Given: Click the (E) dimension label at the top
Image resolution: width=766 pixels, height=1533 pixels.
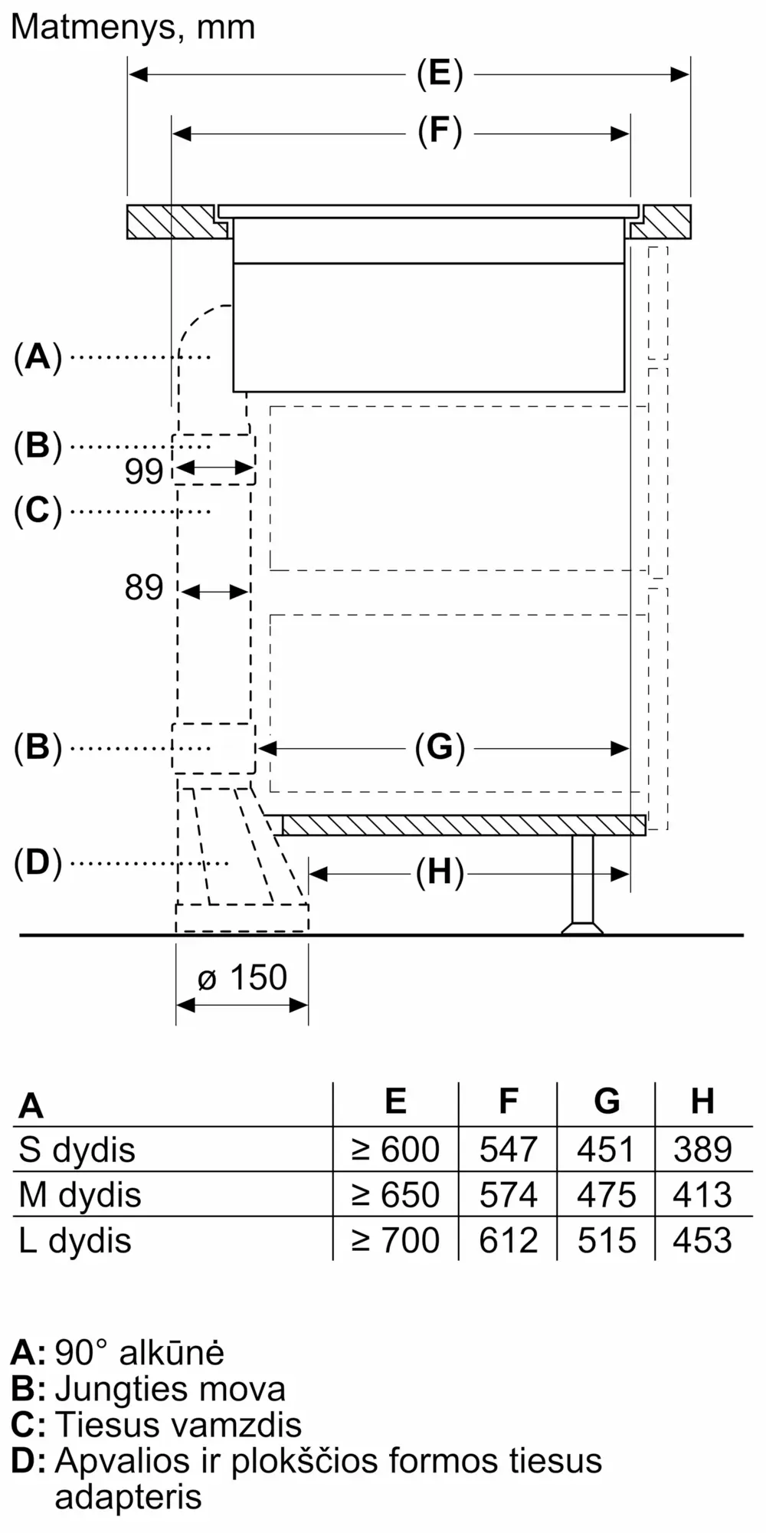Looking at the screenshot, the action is (x=440, y=75).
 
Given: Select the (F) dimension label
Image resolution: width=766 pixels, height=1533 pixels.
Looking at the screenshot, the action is (x=440, y=132).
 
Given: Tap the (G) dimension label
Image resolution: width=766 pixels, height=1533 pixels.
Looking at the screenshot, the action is (x=440, y=747).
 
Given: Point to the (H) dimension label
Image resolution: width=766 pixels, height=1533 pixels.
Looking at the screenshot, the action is (x=440, y=872).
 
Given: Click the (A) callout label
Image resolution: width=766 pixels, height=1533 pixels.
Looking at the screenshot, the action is (x=38, y=357).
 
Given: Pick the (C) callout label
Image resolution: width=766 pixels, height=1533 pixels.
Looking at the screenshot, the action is (x=38, y=510).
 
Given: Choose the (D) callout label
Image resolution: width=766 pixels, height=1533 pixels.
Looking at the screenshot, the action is (x=38, y=863).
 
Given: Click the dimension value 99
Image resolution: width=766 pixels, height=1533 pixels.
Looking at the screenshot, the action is (x=144, y=471).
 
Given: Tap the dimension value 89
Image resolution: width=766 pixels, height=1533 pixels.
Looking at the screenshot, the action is (x=144, y=588).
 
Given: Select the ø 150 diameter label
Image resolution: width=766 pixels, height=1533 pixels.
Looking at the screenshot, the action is (x=242, y=977).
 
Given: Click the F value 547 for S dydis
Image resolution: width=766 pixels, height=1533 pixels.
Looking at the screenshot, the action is (x=508, y=1150).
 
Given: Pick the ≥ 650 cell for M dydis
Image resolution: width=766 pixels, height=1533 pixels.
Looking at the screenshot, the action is (x=395, y=1195).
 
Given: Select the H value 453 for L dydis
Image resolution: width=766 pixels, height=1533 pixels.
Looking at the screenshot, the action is (x=702, y=1240).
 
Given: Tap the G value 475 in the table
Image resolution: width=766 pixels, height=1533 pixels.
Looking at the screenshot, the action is (x=607, y=1195).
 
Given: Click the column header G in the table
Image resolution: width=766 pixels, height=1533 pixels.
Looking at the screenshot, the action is (x=607, y=1101).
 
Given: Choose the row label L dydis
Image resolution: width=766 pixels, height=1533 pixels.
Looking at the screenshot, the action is (x=75, y=1241).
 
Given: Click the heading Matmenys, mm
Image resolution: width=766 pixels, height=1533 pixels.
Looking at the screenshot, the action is (x=133, y=28).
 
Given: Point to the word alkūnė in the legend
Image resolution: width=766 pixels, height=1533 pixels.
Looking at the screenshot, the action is (x=172, y=1353).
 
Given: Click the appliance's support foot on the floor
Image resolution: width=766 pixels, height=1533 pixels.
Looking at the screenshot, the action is (x=582, y=885).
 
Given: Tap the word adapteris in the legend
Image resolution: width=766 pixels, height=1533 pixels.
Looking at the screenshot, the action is (x=128, y=1497).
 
